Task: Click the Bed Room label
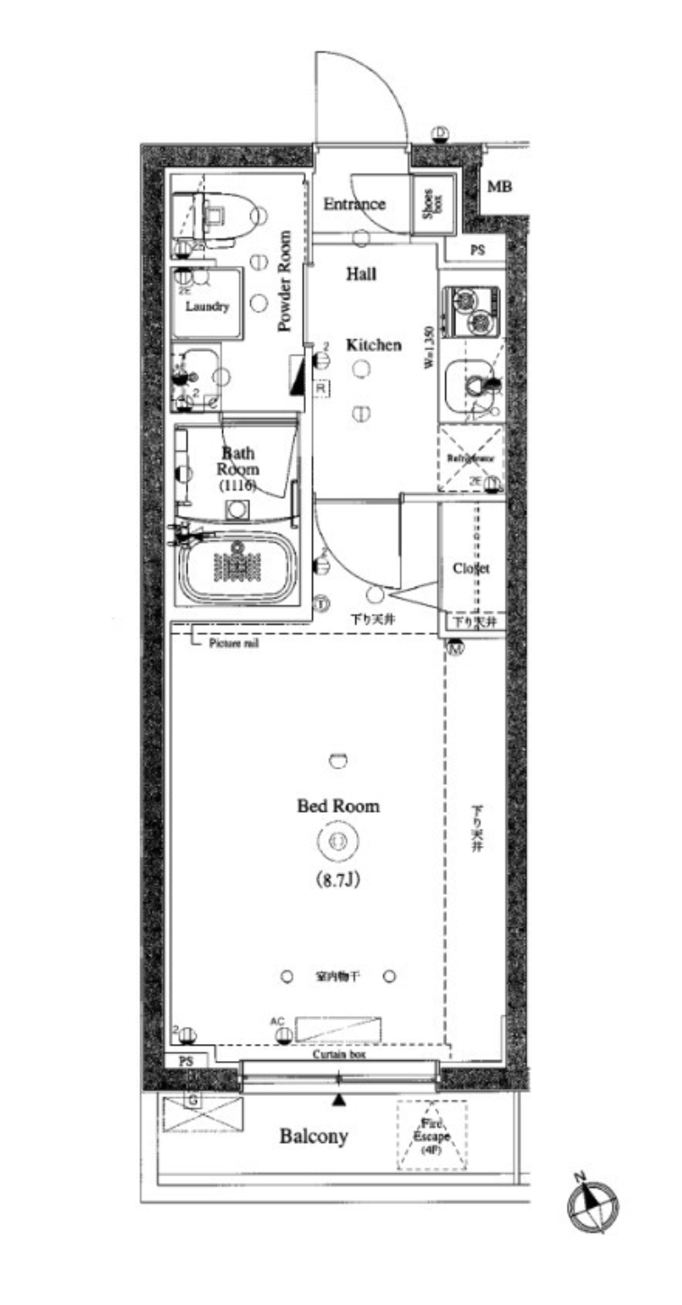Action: [x=338, y=806]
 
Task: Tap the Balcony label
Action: [x=313, y=1137]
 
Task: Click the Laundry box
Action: [x=208, y=304]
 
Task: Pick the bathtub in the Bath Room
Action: [x=238, y=569]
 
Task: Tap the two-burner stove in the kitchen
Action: [x=472, y=310]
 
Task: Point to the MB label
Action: [x=500, y=187]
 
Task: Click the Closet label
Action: [x=471, y=569]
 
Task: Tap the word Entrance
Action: [x=354, y=204]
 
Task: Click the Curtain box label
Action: [x=339, y=1054]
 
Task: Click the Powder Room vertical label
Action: [x=285, y=282]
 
